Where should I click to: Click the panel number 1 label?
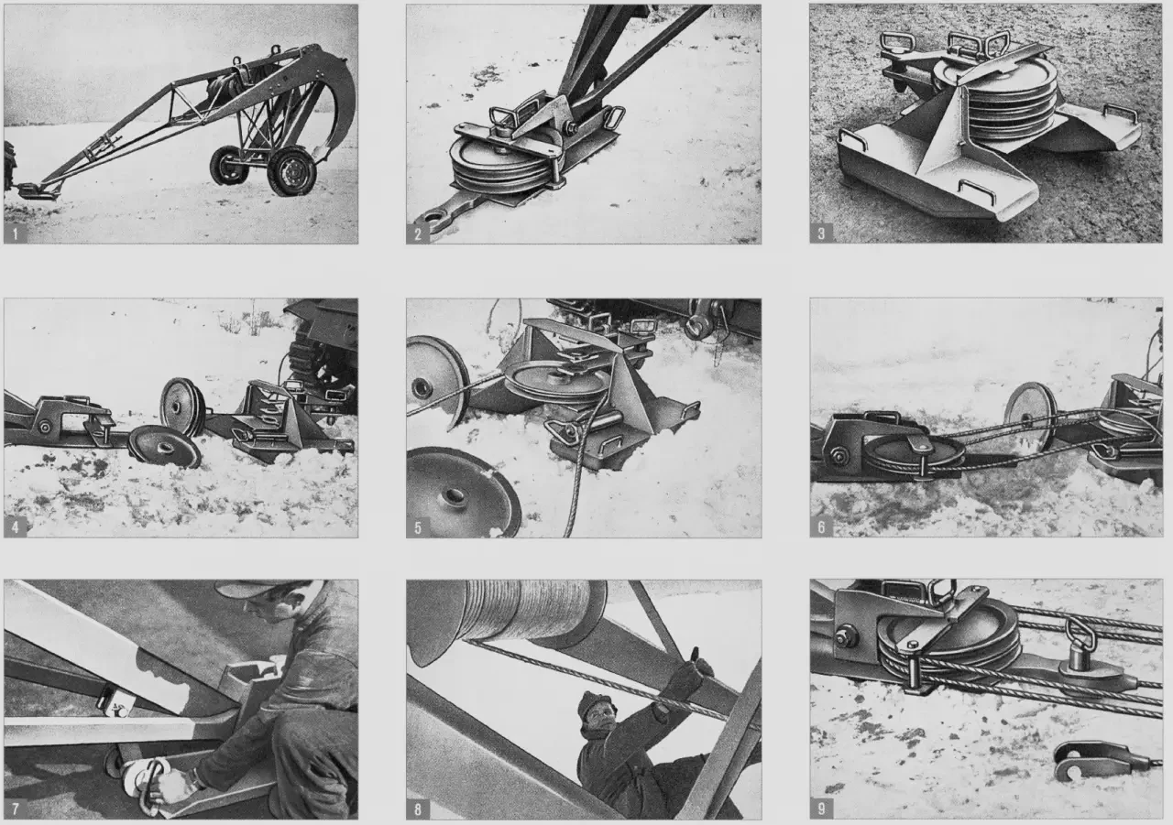pyautogui.click(x=16, y=233)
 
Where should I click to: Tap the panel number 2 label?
pyautogui.click(x=417, y=233)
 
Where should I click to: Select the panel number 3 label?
pyautogui.click(x=821, y=233)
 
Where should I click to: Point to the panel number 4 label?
pyautogui.click(x=16, y=527)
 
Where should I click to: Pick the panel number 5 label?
pyautogui.click(x=417, y=527)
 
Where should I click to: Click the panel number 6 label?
pyautogui.click(x=821, y=526)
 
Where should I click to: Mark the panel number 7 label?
pyautogui.click(x=16, y=809)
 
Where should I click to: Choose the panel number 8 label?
pyautogui.click(x=417, y=809)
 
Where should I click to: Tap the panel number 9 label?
pyautogui.click(x=821, y=809)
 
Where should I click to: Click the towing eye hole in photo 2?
pyautogui.click(x=434, y=216)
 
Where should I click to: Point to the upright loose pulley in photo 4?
pyautogui.click(x=183, y=407)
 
